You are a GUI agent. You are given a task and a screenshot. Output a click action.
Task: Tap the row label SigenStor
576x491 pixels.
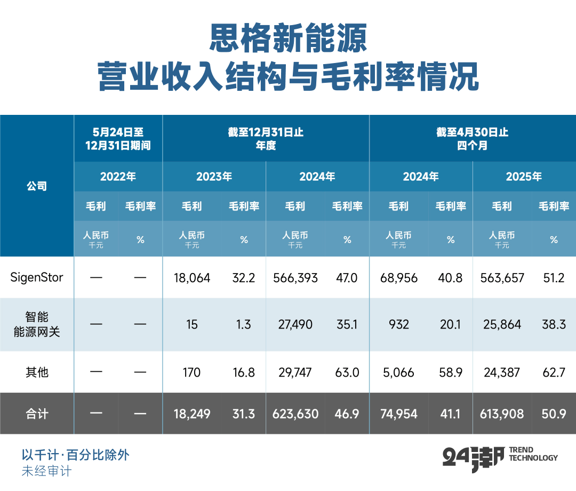(37, 278)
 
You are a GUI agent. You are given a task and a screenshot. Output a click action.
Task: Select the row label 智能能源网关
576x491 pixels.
(37, 324)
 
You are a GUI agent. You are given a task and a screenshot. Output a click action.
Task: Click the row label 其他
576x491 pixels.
(37, 372)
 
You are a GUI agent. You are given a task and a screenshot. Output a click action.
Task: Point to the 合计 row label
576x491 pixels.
(37, 414)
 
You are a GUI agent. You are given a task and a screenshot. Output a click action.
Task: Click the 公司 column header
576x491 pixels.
(37, 186)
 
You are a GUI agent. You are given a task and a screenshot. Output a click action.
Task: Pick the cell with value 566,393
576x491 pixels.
(295, 278)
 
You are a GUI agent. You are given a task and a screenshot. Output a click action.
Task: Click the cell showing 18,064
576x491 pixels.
(192, 278)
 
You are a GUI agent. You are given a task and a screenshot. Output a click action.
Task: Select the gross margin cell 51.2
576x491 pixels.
(554, 278)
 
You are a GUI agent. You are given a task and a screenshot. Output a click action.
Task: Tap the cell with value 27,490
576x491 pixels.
(295, 324)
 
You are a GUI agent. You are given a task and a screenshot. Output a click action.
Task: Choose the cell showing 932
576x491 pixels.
(398, 324)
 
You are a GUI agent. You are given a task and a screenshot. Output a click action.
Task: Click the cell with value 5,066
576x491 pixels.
(398, 372)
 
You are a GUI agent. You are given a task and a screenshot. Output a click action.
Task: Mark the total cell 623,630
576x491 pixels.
(295, 414)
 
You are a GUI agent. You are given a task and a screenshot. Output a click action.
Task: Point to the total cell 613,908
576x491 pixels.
(502, 414)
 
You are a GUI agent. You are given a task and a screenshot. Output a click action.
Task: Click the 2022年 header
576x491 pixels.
(118, 176)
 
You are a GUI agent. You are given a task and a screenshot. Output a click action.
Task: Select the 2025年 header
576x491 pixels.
(524, 176)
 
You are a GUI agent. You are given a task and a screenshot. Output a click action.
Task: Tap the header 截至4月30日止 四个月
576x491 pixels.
(472, 138)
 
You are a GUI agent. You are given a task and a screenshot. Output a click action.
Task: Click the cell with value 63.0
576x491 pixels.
(347, 372)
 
